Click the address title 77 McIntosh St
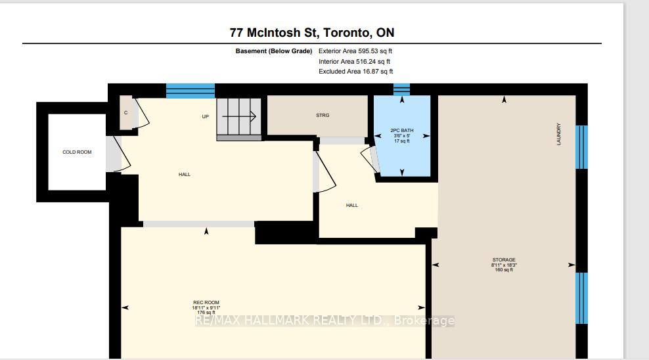coord(312,32)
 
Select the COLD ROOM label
coord(77,152)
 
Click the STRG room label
coord(322,116)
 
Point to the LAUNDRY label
coord(559,134)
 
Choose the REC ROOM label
coord(206,302)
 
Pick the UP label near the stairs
coord(205,116)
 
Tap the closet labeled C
coord(126,112)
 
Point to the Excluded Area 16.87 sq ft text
coord(355,72)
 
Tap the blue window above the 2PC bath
coord(401,89)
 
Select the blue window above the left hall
coord(190,90)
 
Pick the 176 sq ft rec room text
coord(206,313)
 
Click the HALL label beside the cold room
coord(185,174)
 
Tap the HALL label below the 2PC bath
coord(352,206)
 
